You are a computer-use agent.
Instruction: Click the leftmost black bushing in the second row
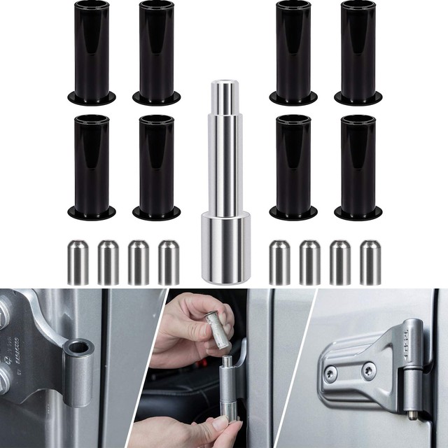91,164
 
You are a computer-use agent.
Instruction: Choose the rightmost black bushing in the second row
358,164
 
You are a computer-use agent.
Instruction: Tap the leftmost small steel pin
77,262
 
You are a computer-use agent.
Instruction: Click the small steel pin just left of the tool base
168,262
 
